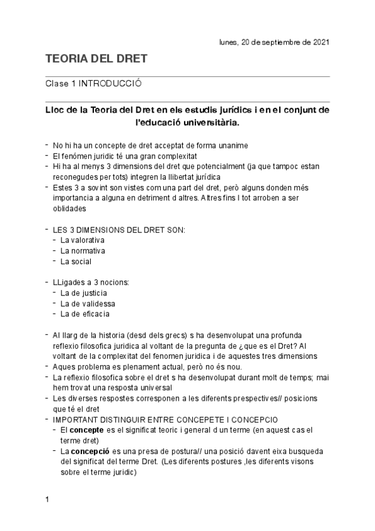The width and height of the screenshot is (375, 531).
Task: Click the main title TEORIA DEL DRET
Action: click(x=96, y=59)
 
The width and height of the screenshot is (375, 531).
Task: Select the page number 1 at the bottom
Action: click(x=47, y=500)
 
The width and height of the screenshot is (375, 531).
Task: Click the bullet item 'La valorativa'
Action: click(x=82, y=240)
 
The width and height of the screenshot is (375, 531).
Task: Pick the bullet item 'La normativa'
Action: click(x=82, y=250)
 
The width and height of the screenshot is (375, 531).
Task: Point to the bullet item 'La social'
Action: click(x=76, y=261)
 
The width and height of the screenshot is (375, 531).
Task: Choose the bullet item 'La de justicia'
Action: click(x=83, y=292)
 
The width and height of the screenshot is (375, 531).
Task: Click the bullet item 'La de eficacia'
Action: click(x=85, y=314)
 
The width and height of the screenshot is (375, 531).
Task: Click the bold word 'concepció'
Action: click(x=91, y=451)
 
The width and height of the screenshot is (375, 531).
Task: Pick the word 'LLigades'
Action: click(x=68, y=282)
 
